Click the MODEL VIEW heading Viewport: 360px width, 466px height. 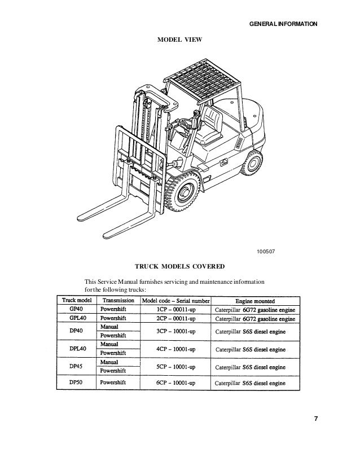[179, 40]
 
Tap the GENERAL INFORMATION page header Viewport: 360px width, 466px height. [284, 25]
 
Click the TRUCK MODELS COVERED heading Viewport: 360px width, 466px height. [179, 265]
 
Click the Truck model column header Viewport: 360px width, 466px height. [76, 301]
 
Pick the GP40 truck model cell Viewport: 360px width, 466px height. [76, 309]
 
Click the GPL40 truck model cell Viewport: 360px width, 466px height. [76, 318]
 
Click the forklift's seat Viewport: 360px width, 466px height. [212, 121]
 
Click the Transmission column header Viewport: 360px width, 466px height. [117, 301]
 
